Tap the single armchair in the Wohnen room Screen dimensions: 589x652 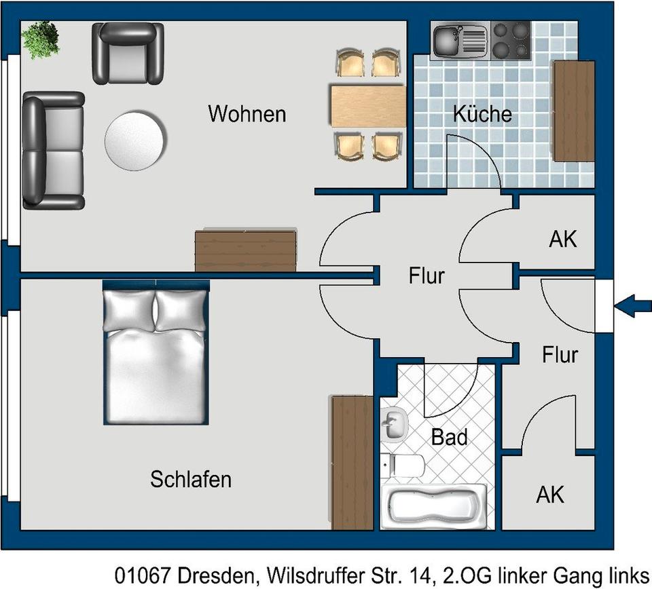128,53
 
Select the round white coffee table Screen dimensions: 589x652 134,140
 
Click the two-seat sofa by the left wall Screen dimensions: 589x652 53,151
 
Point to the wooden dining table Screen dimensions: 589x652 367,106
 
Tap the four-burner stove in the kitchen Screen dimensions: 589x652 510,40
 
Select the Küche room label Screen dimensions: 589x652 482,114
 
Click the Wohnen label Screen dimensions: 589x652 247,113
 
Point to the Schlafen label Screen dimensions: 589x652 191,480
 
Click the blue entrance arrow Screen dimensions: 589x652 632,306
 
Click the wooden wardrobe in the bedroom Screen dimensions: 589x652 352,462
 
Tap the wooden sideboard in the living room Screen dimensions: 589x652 246,250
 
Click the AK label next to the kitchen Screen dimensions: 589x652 562,239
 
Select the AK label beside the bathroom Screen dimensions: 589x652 550,495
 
